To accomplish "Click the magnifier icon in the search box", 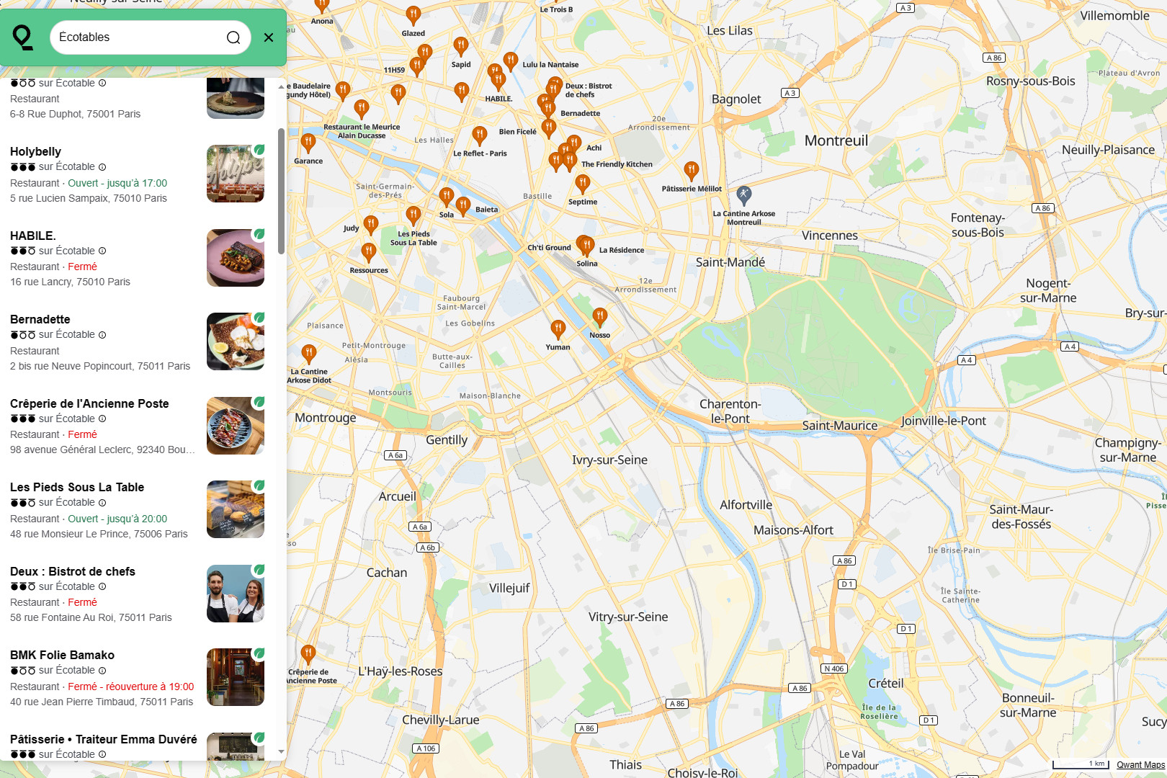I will pos(233,37).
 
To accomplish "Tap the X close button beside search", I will pos(269,37).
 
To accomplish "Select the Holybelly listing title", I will pos(35,151).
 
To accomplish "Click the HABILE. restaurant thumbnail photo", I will pos(236,258).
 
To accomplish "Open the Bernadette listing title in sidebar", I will pos(40,319).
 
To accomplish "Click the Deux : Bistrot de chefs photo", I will pos(236,594).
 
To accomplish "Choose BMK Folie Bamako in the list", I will pos(62,655).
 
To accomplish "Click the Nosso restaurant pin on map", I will pos(599,316).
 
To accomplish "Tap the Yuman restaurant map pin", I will pos(558,329).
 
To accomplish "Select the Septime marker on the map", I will pos(583,184).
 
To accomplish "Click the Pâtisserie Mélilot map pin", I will pos(692,171).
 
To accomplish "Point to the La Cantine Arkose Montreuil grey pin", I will pos(744,194).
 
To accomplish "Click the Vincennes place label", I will pos(830,236).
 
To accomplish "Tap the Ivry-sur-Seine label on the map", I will pos(609,460).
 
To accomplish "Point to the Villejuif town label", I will pos(509,588).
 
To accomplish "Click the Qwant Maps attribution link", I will pos(1140,765).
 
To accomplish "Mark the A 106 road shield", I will pos(426,748).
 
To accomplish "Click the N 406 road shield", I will pos(834,669).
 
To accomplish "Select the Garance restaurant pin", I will pos(308,143).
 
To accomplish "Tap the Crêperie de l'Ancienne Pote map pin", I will pos(308,654).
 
